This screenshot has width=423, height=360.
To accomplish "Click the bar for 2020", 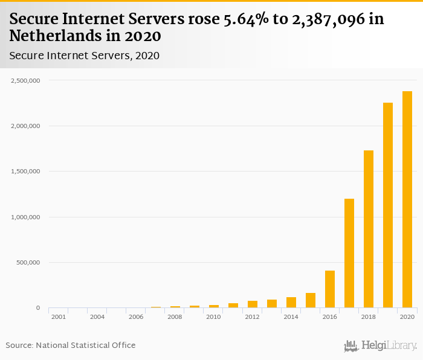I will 407,199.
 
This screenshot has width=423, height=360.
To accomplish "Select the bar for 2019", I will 388,205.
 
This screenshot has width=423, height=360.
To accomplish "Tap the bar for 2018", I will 369,229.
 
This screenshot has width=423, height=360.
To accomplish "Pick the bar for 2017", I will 349,253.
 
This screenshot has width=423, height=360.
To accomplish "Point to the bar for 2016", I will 330,289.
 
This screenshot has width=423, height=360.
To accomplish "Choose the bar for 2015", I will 311,300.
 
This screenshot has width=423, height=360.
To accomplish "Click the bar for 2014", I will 291,303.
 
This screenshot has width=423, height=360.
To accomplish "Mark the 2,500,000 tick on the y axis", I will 25,80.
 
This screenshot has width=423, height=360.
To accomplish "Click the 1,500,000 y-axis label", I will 25,172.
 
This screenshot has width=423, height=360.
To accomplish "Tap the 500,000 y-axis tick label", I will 28,263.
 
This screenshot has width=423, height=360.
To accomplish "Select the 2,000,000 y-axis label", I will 25,126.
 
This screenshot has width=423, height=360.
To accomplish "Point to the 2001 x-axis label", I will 59,317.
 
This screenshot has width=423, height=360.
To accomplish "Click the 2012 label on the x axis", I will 252,317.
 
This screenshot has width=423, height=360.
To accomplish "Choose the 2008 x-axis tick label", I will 175,317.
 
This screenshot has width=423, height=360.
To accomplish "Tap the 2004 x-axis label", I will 97,317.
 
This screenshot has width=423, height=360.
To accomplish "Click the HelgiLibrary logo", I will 380,346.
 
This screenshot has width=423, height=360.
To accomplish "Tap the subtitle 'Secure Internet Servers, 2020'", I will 84,56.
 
